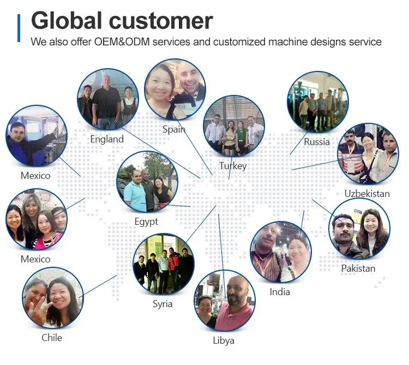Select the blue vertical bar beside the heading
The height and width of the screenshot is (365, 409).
(x=19, y=28)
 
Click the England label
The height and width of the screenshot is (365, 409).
(x=107, y=139)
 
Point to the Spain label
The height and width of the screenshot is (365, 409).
(x=174, y=129)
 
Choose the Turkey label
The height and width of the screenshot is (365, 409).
(x=233, y=166)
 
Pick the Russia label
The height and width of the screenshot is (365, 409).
(x=317, y=142)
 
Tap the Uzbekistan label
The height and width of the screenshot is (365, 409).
(x=367, y=194)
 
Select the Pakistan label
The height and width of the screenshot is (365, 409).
(x=358, y=268)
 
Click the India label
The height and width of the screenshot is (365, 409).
(x=280, y=292)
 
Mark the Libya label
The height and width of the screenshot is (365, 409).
(x=224, y=340)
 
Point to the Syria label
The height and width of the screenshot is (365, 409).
(x=163, y=304)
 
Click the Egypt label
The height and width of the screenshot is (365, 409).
(x=146, y=222)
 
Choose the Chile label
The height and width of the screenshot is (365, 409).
(x=52, y=338)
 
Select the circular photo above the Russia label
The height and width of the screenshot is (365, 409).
(x=317, y=102)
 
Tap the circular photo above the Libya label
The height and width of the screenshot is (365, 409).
(x=224, y=301)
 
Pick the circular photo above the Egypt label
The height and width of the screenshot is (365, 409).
(x=147, y=182)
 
